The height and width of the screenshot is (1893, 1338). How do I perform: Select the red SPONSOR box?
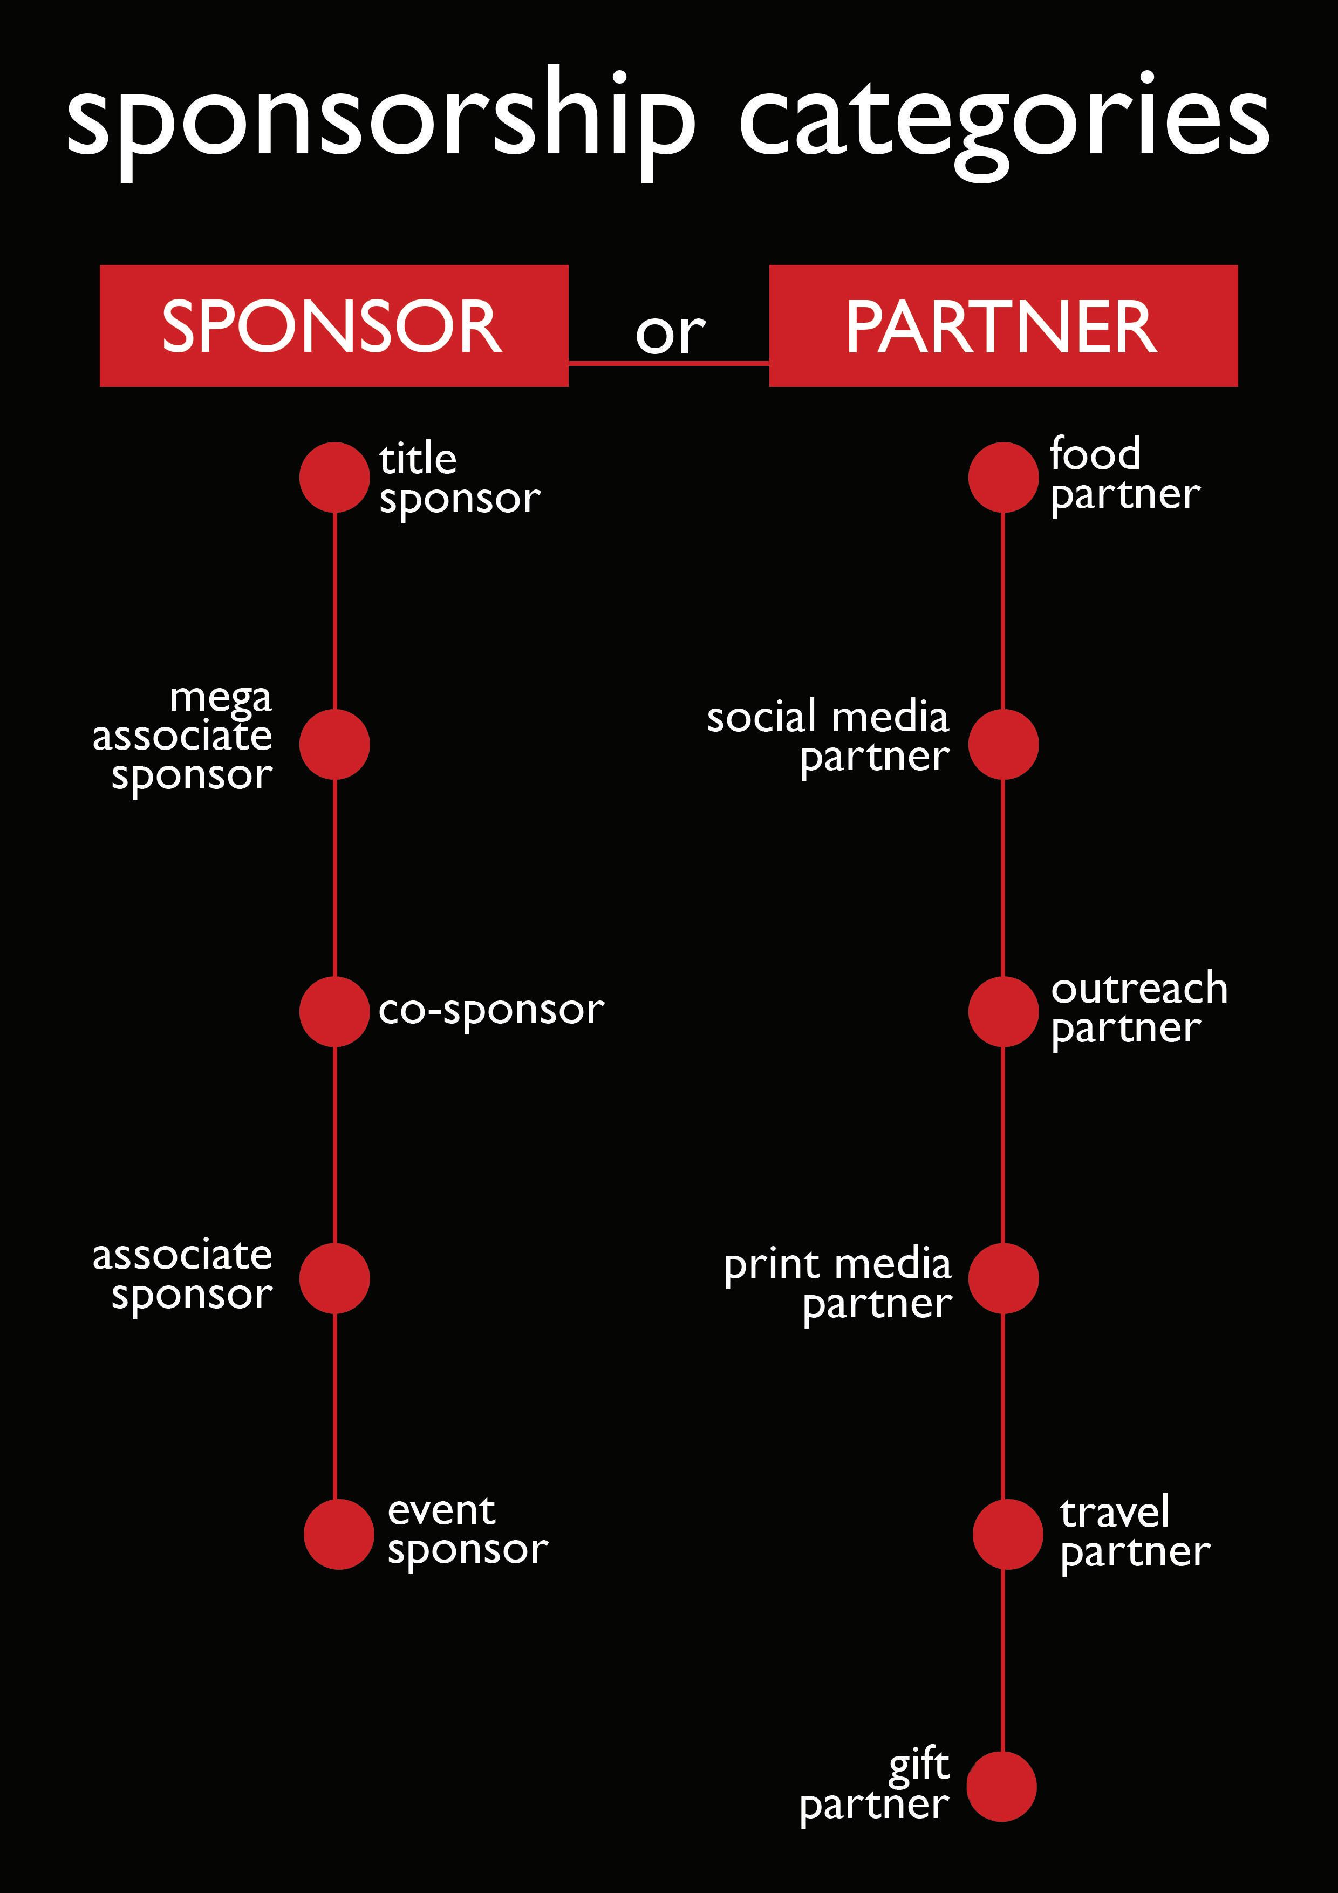[x=334, y=326]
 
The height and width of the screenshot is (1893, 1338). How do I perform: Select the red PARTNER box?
[x=1004, y=326]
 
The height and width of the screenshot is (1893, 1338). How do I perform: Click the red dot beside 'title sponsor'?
[x=334, y=476]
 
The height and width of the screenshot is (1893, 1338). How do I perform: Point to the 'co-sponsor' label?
[x=491, y=1011]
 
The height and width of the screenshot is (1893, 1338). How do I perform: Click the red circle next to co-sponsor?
[x=334, y=1012]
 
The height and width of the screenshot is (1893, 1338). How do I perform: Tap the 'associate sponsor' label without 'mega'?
[x=183, y=1276]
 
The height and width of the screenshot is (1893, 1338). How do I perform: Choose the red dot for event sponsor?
[x=339, y=1534]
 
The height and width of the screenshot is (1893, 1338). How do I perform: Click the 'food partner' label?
[x=1124, y=475]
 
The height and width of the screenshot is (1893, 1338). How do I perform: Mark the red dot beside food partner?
[x=1004, y=476]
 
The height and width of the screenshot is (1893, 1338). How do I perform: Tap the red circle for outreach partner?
[x=1004, y=1012]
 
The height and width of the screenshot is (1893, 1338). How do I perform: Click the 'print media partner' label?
[x=837, y=1283]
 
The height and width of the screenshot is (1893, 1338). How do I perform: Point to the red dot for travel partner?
[x=1007, y=1534]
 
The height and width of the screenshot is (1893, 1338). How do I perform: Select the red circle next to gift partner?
[x=1001, y=1787]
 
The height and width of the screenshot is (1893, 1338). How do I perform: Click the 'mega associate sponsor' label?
[x=183, y=736]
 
